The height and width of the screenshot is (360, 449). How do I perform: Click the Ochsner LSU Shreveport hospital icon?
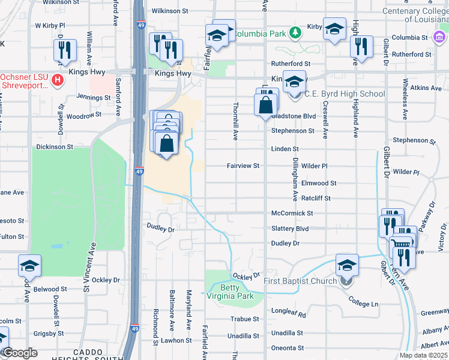[57, 79]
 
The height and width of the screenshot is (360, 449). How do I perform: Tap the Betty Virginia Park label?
[237, 292]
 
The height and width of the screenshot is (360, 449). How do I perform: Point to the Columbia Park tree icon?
[295, 32]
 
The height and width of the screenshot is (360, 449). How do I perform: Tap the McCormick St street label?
[292, 213]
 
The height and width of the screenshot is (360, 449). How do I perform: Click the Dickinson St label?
[55, 146]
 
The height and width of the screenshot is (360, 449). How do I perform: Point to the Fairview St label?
[243, 166]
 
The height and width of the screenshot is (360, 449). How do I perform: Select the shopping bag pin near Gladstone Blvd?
[265, 106]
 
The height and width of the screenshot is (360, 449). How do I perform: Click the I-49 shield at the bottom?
[136, 329]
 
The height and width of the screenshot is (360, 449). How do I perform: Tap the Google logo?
[20, 353]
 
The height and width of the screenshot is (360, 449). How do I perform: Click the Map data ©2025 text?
[423, 355]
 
